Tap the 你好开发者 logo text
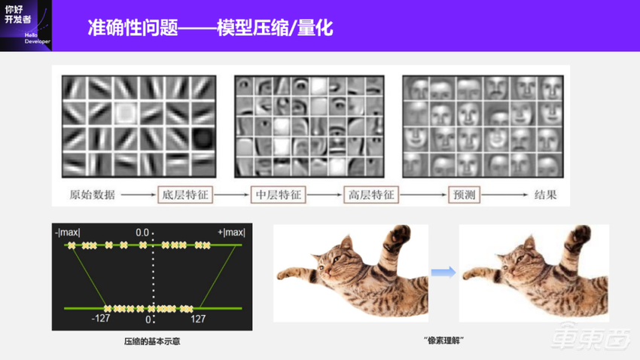(17, 16)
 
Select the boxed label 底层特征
(184, 196)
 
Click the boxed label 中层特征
(278, 196)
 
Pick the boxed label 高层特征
(370, 196)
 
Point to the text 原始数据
(89, 196)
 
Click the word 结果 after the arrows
(546, 196)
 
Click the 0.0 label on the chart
(143, 233)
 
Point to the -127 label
(101, 319)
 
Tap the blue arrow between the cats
(443, 271)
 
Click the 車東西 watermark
(590, 340)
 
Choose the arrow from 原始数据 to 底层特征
(137, 196)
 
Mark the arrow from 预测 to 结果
(510, 196)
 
